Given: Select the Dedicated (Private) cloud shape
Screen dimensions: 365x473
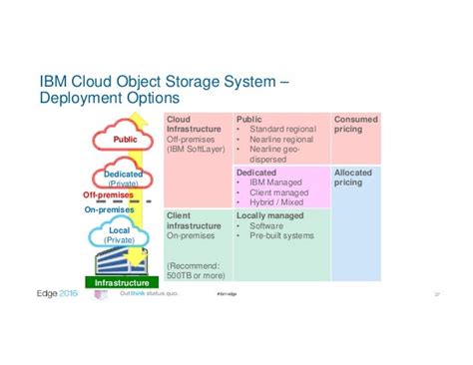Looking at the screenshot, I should pyautogui.click(x=123, y=178).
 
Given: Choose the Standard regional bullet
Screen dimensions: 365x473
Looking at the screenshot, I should pyautogui.click(x=280, y=129).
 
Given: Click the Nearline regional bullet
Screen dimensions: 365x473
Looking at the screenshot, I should pyautogui.click(x=279, y=139).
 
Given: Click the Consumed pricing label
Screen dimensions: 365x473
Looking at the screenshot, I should pyautogui.click(x=356, y=124).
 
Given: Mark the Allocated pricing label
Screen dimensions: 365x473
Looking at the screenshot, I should pyautogui.click(x=353, y=178).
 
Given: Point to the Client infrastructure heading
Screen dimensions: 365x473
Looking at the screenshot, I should pyautogui.click(x=194, y=219).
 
